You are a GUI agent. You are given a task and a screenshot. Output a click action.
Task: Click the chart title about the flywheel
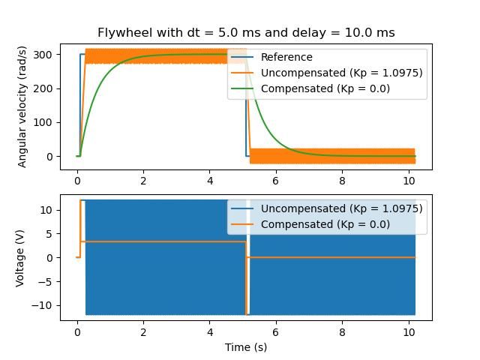246,33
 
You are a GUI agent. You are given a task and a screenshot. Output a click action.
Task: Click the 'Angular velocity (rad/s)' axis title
22,106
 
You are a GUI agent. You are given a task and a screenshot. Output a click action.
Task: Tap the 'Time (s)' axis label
246,347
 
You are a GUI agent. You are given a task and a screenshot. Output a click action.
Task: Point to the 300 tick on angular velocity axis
46,55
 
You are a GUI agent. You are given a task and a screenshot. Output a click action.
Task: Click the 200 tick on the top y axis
46,88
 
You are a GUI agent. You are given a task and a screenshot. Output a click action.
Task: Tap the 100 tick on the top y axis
46,122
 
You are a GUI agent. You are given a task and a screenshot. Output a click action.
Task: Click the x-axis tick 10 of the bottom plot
408,331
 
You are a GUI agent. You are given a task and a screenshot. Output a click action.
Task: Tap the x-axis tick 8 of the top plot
342,181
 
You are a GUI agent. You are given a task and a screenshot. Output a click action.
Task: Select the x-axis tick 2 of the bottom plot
143,331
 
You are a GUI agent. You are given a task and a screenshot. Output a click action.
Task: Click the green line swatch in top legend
242,88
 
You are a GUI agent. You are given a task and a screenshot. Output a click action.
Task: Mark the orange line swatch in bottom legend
242,224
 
